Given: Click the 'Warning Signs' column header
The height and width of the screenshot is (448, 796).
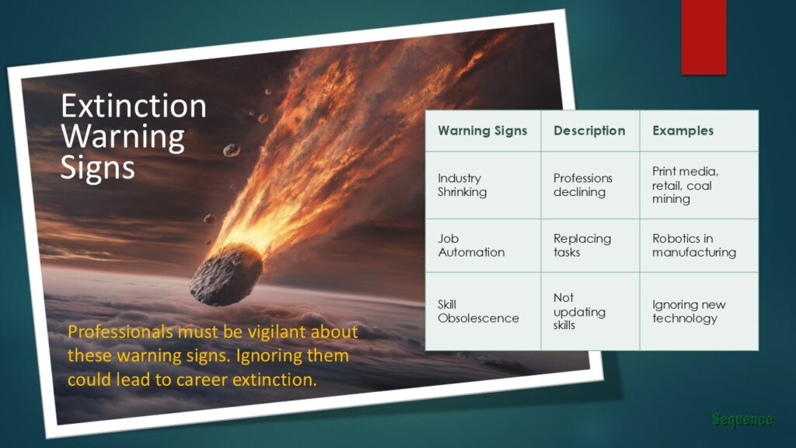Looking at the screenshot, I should [x=482, y=131].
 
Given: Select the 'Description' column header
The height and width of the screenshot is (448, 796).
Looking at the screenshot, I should [x=589, y=131].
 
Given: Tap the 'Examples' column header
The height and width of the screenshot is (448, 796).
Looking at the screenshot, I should [x=683, y=131].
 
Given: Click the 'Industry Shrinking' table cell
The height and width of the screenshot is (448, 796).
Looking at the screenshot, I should [x=463, y=185].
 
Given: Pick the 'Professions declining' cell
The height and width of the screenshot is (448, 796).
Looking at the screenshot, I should [x=583, y=185].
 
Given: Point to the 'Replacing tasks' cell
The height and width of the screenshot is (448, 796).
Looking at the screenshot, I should [x=582, y=245].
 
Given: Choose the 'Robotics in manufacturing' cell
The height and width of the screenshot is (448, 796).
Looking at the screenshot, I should [x=693, y=245].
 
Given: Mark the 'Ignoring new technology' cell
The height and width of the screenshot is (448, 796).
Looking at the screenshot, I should [x=688, y=311].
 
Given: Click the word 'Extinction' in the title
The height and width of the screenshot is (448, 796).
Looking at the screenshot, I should [x=134, y=106].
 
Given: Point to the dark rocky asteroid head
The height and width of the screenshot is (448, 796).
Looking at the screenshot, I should [x=226, y=275].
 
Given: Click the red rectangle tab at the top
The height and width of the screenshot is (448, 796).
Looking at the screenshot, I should [x=703, y=36].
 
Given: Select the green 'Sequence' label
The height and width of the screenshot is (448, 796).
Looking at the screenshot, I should [x=742, y=420].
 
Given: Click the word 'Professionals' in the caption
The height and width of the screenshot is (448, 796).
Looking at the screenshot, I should [x=120, y=332].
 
